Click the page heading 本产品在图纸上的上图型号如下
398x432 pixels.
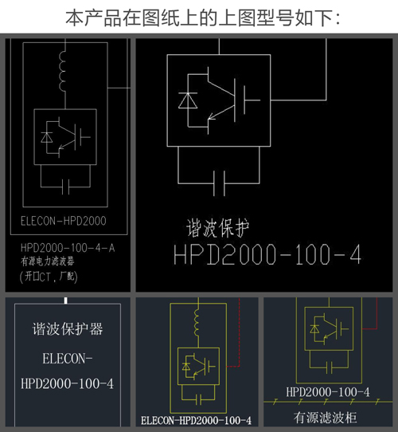click(203, 18)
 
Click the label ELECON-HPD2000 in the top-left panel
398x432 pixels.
click(64, 221)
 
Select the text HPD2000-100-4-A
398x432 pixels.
click(68, 248)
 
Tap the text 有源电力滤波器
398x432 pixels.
click(47, 261)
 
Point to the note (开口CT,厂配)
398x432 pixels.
click(49, 277)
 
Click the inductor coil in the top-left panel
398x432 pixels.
click(62, 71)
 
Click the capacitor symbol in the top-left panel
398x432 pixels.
click(65, 187)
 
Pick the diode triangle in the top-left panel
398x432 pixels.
click(46, 137)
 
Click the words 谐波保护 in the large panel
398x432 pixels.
click(218, 228)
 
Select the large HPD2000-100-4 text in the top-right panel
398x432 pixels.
click(267, 254)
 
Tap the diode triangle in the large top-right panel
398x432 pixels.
click(188, 100)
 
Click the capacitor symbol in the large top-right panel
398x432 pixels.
click(220, 183)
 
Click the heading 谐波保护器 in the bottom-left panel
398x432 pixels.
click(68, 328)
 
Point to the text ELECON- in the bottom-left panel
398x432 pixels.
click(68, 359)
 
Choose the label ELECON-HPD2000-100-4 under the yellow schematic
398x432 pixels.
click(196, 420)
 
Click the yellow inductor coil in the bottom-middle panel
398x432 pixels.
click(197, 322)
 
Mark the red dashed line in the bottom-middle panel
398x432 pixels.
click(239, 332)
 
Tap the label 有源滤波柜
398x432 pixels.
click(325, 418)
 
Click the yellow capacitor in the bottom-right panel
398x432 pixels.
click(329, 367)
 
